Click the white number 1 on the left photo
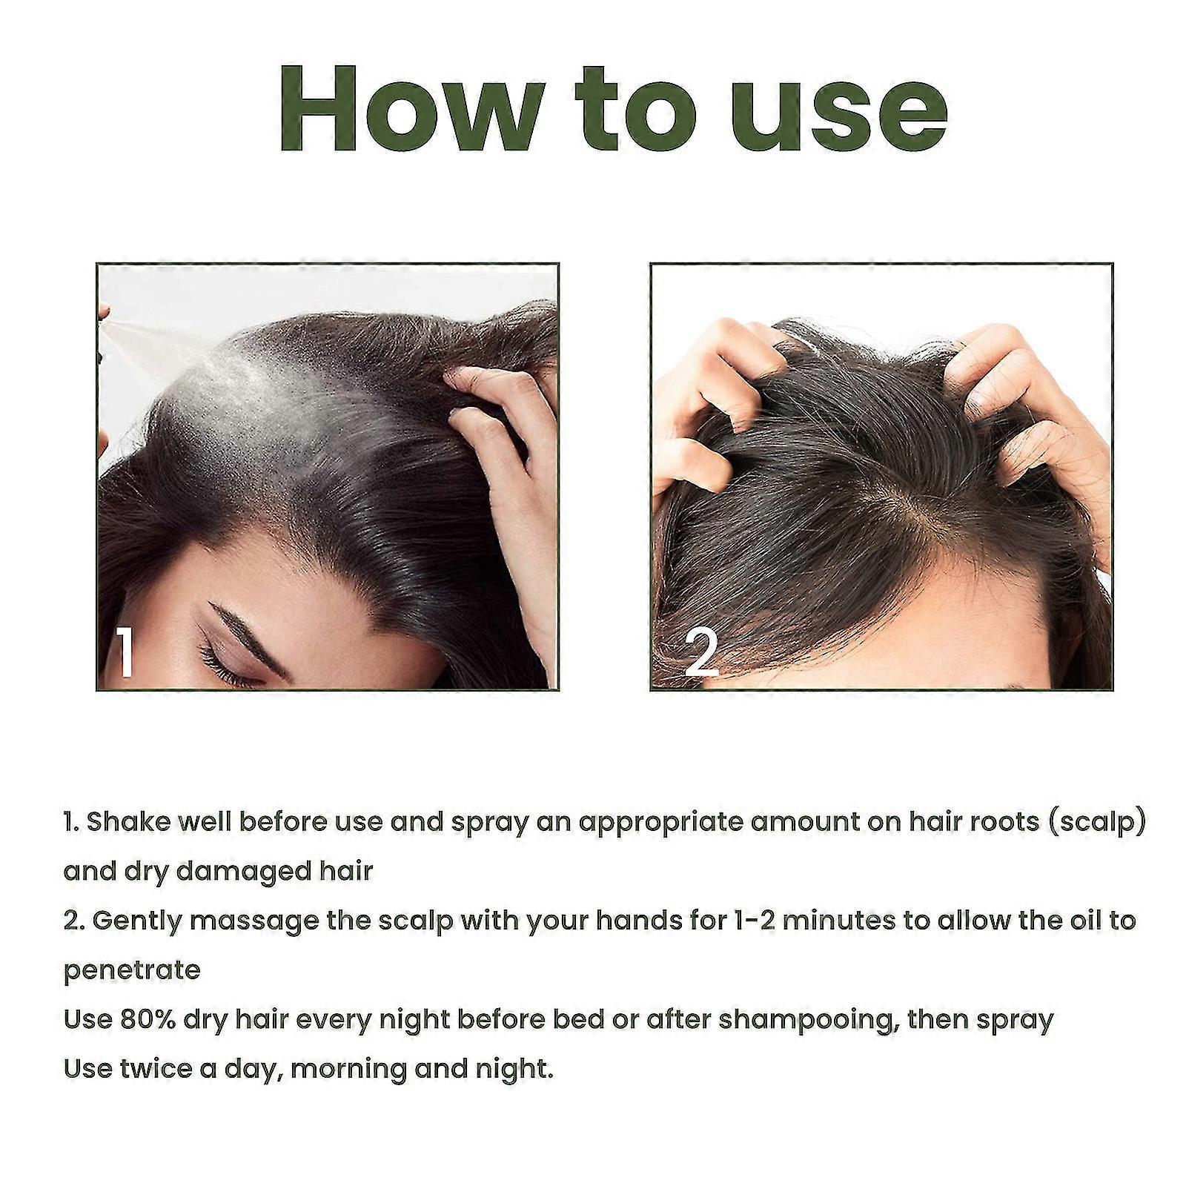tap(124, 652)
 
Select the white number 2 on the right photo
tap(700, 652)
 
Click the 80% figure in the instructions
tap(148, 1020)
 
